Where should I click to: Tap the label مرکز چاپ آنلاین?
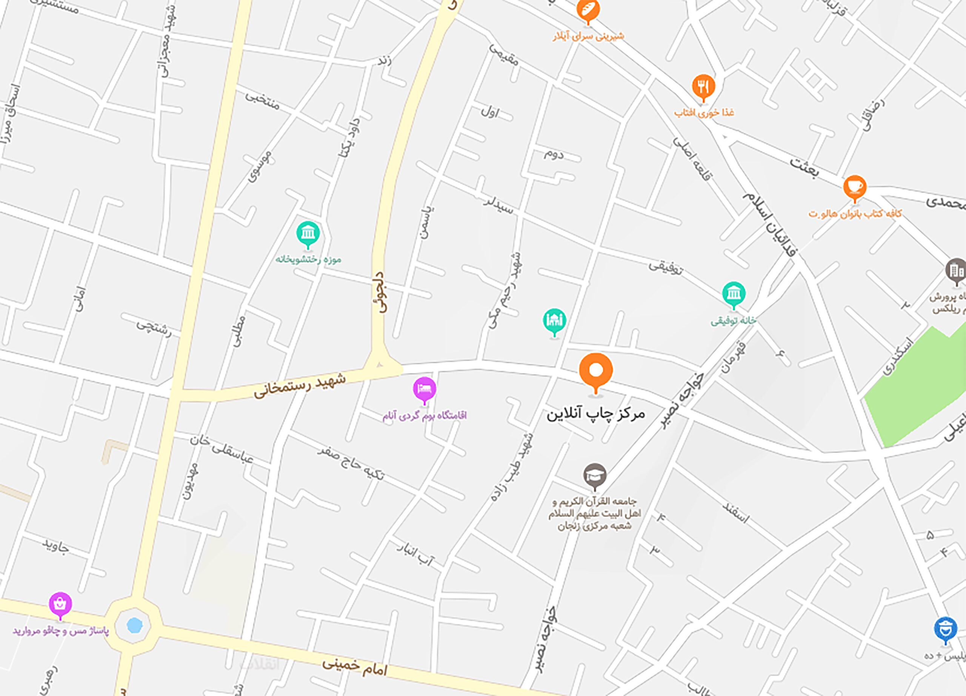tap(595, 414)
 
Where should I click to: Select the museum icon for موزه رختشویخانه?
tap(308, 233)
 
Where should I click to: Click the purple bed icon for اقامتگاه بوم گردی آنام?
tap(424, 389)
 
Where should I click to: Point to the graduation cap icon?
tap(595, 475)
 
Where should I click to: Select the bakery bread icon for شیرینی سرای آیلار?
tap(588, 10)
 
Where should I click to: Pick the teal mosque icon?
tap(554, 320)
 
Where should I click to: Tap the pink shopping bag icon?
tap(60, 604)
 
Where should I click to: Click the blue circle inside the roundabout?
tap(135, 626)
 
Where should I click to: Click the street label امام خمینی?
tap(354, 667)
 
